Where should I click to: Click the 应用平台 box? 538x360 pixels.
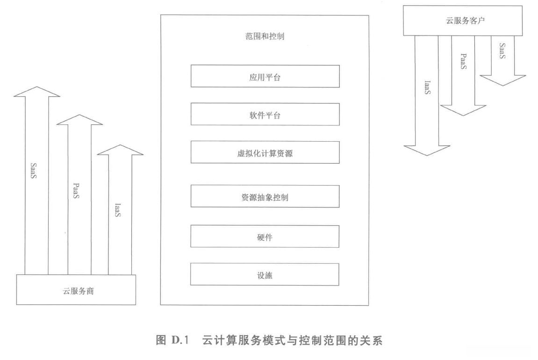(265, 76)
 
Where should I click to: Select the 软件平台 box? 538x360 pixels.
(265, 114)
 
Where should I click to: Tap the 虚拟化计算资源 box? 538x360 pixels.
(265, 152)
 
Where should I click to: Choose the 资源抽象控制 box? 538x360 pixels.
(265, 196)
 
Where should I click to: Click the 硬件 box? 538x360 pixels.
(265, 237)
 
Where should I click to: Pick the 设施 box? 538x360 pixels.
(265, 274)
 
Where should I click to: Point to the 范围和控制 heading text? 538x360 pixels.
(265, 36)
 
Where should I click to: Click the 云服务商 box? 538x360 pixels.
(76, 290)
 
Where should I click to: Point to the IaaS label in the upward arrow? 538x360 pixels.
(118, 209)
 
